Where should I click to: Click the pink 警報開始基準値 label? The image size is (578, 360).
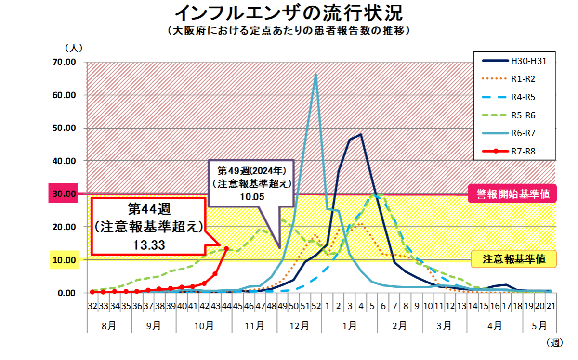point(512,194)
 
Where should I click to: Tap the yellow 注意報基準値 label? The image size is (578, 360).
point(514,259)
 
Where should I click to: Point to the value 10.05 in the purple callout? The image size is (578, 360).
point(252,196)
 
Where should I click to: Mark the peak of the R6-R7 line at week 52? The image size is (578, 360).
point(316,74)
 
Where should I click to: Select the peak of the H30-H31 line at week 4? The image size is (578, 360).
point(361,135)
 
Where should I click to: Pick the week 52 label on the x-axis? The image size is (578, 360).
point(316,306)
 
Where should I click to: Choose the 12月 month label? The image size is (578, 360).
point(299,325)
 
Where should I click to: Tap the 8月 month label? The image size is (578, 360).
point(109,325)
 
